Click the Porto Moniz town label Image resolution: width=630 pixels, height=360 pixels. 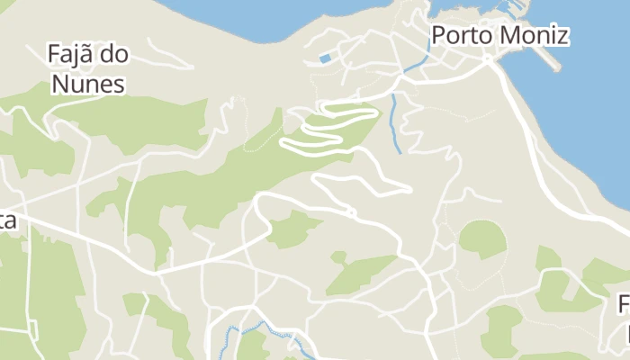499,36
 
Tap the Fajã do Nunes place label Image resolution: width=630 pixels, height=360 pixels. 87,69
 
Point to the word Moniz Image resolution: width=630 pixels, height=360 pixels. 535,36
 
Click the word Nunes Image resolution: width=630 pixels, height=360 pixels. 87,85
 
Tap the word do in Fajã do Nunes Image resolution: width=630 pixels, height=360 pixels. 114,55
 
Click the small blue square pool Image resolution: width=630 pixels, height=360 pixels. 325,59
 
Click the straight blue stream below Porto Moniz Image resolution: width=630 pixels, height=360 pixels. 394,121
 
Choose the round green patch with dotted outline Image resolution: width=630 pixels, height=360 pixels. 482,238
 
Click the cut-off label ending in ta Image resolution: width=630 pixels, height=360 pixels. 7,221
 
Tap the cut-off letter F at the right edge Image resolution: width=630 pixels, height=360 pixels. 624,305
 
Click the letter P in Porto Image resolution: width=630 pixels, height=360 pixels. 439,36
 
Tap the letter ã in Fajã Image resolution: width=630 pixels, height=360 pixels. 88,55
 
